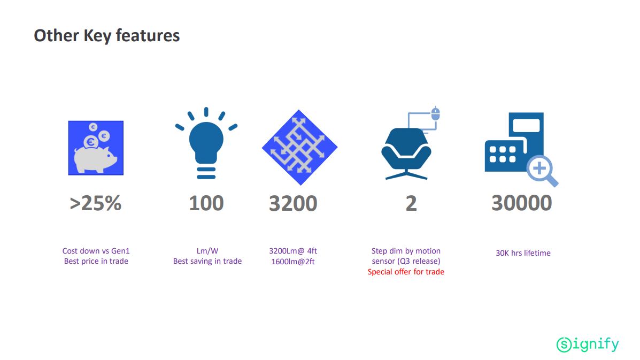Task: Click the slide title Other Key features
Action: [106, 35]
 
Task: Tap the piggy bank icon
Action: [96, 148]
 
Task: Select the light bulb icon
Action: [206, 143]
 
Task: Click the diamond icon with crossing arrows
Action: [299, 147]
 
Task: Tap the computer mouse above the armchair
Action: [436, 113]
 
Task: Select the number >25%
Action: [96, 203]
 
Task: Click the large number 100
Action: [206, 203]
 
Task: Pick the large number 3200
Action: [293, 203]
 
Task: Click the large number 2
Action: [411, 203]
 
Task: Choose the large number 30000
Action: [522, 203]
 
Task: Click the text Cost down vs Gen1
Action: [96, 251]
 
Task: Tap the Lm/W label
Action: [207, 251]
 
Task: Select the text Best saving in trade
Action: [207, 261]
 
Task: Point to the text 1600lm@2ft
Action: [293, 262]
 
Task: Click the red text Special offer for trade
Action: [406, 272]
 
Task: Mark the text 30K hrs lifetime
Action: [523, 253]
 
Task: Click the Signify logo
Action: [588, 344]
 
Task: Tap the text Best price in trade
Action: [96, 261]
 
